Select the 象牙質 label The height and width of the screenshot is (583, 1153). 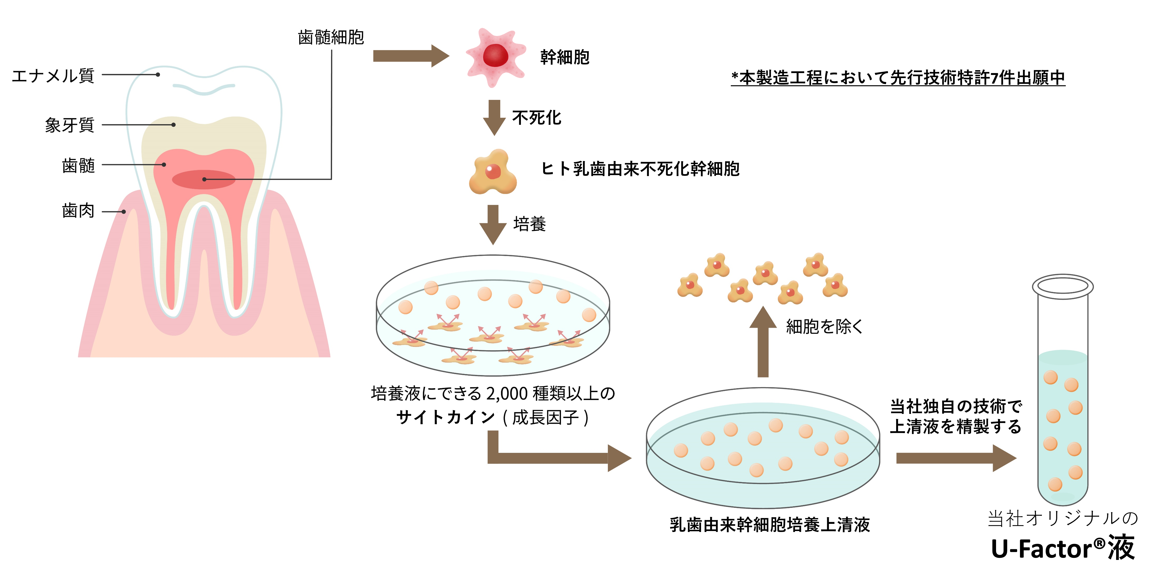tap(69, 125)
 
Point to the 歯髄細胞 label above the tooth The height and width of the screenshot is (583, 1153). tap(330, 37)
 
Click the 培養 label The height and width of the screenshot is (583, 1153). tap(530, 224)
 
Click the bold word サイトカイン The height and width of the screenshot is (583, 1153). tap(445, 417)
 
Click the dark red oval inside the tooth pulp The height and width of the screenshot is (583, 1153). tap(204, 179)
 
